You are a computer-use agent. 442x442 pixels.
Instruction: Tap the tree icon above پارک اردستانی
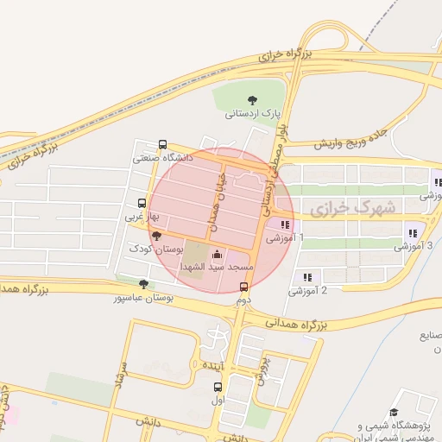coord(252,100)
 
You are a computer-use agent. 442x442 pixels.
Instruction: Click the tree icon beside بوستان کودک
coord(156,235)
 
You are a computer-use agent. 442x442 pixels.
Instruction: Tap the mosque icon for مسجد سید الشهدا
coord(216,255)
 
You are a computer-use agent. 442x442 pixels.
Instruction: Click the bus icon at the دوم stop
coord(243,287)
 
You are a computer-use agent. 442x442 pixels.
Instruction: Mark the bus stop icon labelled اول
coord(218,387)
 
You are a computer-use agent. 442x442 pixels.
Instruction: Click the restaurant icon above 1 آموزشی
coord(285,224)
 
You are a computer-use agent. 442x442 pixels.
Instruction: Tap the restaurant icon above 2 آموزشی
coord(307,277)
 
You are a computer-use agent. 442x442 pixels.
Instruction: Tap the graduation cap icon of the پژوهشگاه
coord(395,413)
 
